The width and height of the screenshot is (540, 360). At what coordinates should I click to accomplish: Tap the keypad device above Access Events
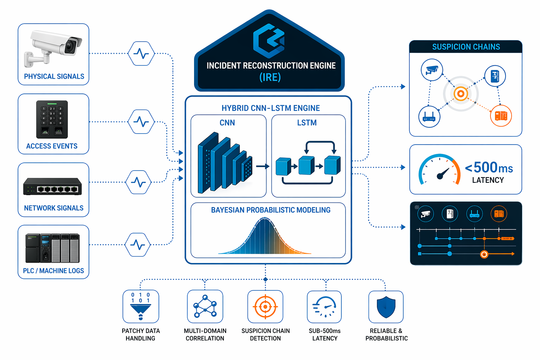pyautogui.click(x=52, y=120)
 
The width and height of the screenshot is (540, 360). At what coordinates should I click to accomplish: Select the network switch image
pyautogui.click(x=52, y=186)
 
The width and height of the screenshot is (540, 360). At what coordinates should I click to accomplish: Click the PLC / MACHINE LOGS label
pyautogui.click(x=53, y=271)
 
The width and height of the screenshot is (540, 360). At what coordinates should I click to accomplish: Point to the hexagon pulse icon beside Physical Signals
pyautogui.click(x=141, y=53)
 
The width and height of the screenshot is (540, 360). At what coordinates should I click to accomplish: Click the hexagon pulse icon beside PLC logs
pyautogui.click(x=138, y=245)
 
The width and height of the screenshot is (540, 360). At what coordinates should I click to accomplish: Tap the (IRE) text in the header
pyautogui.click(x=270, y=77)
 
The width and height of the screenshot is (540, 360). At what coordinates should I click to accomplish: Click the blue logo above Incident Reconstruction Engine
pyautogui.click(x=269, y=40)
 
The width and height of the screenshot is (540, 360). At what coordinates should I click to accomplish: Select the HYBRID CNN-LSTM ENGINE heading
pyautogui.click(x=271, y=108)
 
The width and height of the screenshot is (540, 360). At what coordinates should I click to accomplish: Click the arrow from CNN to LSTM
pyautogui.click(x=263, y=166)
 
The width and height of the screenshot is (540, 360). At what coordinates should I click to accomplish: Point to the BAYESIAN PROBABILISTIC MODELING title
pyautogui.click(x=271, y=210)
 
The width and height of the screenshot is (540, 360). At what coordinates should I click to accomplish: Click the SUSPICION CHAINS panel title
pyautogui.click(x=466, y=47)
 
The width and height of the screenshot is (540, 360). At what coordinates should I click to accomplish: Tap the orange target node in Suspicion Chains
pyautogui.click(x=461, y=94)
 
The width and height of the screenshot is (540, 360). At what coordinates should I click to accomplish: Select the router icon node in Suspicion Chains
pyautogui.click(x=429, y=117)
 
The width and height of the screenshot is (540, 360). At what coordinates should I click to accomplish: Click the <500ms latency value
pyautogui.click(x=489, y=168)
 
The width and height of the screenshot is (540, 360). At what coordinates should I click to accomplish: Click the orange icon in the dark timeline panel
pyautogui.click(x=499, y=213)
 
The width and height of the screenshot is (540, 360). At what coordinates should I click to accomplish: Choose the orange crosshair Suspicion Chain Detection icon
pyautogui.click(x=265, y=307)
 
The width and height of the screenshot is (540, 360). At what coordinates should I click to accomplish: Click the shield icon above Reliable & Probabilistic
pyautogui.click(x=386, y=307)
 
